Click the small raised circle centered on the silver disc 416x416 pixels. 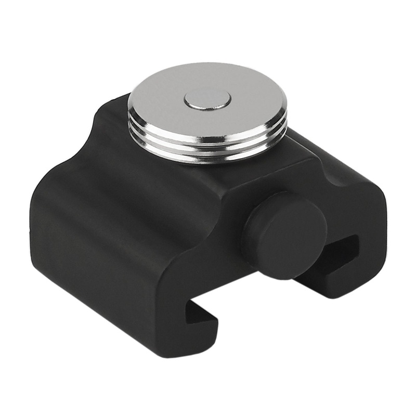point(207,100)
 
